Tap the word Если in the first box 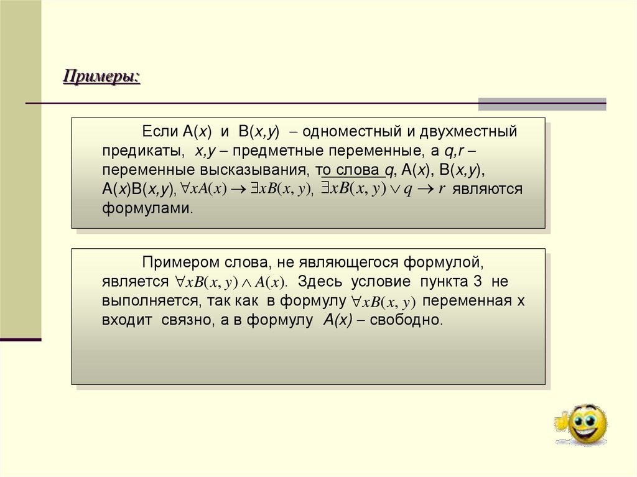click(x=160, y=132)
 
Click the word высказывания click(x=256, y=170)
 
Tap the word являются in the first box click(x=488, y=189)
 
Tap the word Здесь click(x=321, y=282)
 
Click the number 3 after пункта click(x=477, y=282)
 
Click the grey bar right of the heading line click(x=542, y=103)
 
